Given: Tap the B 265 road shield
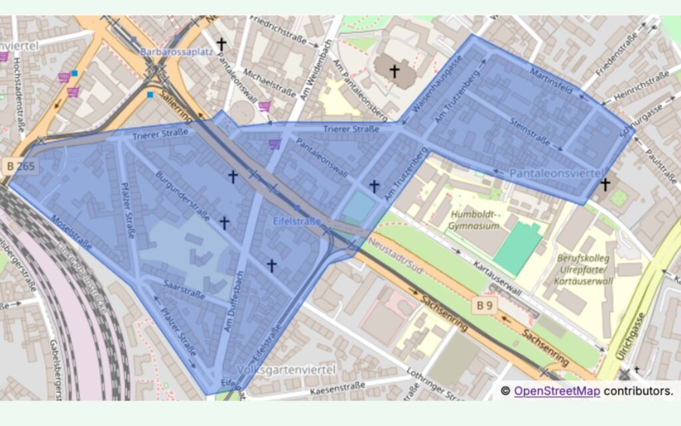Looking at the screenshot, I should [21, 164].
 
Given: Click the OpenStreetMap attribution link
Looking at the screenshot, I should [557, 391].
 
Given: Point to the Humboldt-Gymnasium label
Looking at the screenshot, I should [474, 220].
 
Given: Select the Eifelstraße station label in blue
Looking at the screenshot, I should [297, 220].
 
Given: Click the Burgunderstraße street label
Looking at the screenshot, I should [184, 196].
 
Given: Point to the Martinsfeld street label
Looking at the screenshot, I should [551, 83].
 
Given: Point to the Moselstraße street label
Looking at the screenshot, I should [71, 232].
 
